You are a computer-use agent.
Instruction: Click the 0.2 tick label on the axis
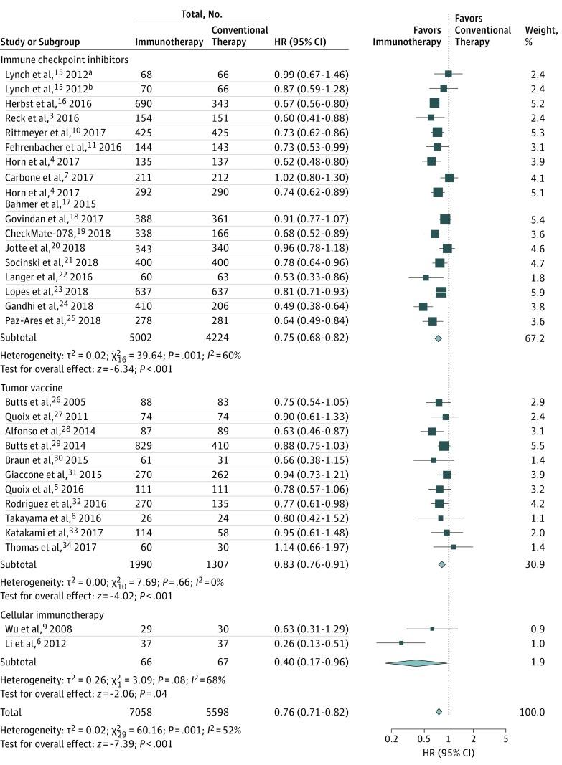391,739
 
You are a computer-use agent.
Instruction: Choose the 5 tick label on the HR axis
506,739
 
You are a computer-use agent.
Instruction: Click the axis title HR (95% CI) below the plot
449,753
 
